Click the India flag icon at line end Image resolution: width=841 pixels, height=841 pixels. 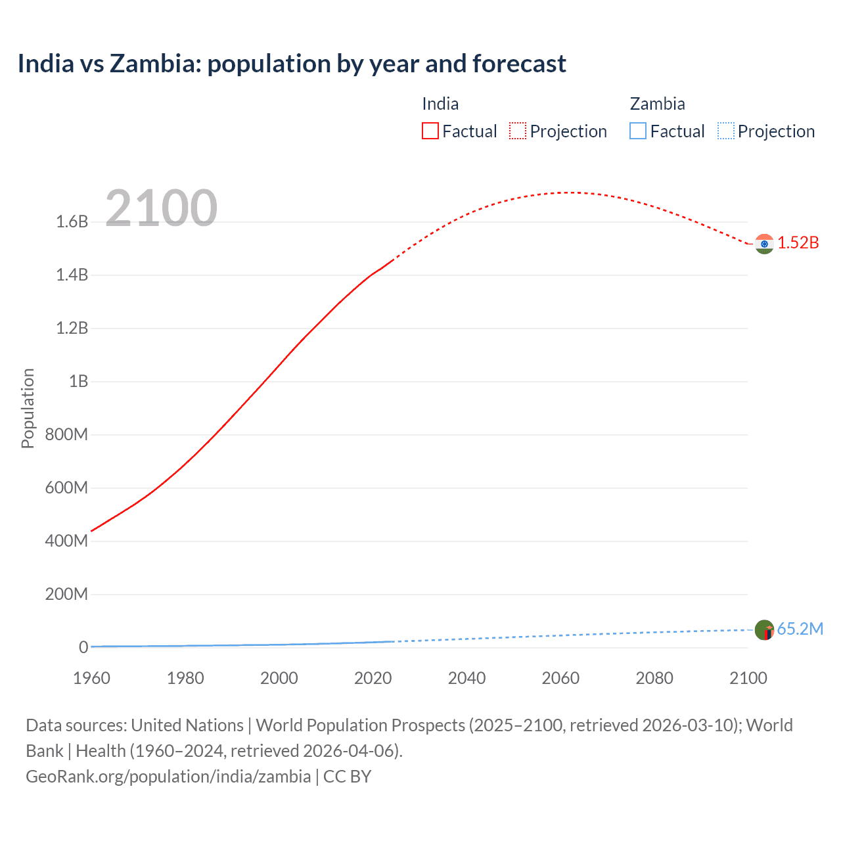tap(764, 244)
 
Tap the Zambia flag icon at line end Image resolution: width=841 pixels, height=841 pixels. tap(764, 630)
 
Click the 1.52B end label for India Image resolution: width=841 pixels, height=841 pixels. tap(798, 242)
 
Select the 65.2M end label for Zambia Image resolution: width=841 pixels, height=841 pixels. tap(800, 629)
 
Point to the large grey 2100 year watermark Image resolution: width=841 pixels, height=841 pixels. tap(161, 208)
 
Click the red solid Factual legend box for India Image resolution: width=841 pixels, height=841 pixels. tap(430, 131)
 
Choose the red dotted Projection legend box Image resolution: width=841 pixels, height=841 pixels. tap(518, 131)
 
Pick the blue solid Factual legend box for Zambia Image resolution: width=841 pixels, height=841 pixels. tap(637, 131)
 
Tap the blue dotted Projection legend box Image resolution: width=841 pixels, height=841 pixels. tap(725, 131)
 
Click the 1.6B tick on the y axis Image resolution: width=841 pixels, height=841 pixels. tap(72, 221)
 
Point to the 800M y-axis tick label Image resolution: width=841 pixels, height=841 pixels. tap(66, 434)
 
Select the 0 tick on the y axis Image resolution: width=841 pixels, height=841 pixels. tap(83, 647)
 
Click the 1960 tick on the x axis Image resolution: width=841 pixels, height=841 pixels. tap(91, 678)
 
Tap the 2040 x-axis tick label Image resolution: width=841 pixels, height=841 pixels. tap(466, 678)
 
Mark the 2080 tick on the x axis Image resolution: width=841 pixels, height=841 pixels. tap(654, 678)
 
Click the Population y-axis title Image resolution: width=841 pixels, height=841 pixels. tap(28, 408)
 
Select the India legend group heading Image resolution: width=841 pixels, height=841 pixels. tap(440, 104)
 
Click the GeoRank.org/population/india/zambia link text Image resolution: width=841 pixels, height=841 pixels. tap(168, 777)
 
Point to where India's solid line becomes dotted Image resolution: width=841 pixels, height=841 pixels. tap(393, 260)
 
